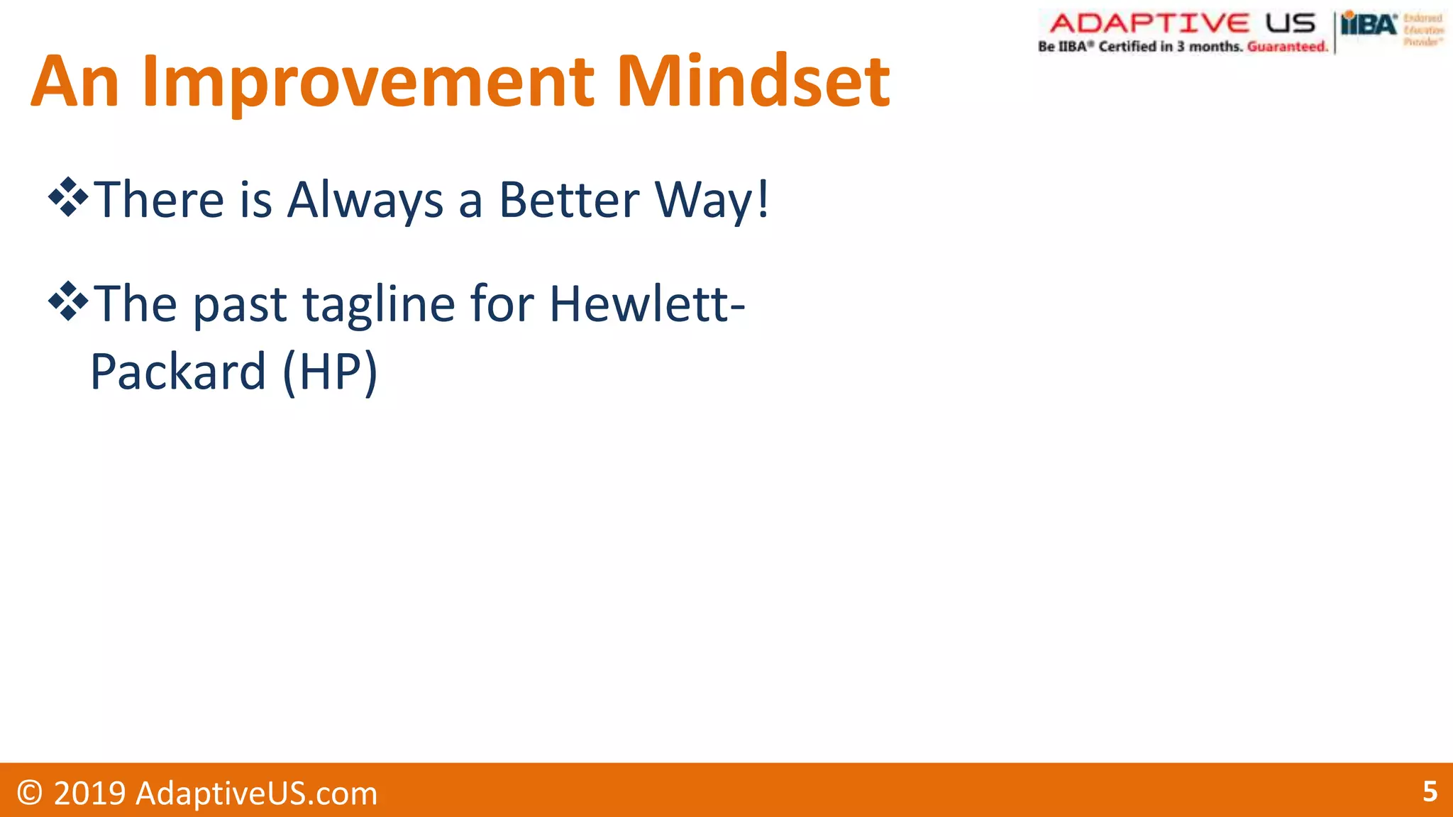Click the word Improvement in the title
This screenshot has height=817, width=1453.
click(368, 83)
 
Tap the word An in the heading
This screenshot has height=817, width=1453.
click(74, 83)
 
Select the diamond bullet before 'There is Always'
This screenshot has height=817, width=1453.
click(68, 198)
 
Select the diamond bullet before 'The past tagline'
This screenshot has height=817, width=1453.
click(68, 301)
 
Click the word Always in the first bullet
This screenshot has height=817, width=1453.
click(365, 201)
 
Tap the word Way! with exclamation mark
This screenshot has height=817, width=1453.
click(712, 201)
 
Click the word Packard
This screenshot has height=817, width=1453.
click(178, 372)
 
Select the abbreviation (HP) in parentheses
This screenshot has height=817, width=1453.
click(330, 372)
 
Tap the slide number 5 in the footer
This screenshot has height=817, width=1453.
click(1430, 791)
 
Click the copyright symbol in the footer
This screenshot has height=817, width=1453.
click(30, 792)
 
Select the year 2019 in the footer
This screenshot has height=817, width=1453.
click(89, 793)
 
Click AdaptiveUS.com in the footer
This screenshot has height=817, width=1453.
click(256, 793)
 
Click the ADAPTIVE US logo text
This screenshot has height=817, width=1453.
click(1182, 23)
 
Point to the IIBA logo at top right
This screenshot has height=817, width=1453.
click(1369, 26)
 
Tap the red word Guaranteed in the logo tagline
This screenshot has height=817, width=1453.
click(1286, 47)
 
